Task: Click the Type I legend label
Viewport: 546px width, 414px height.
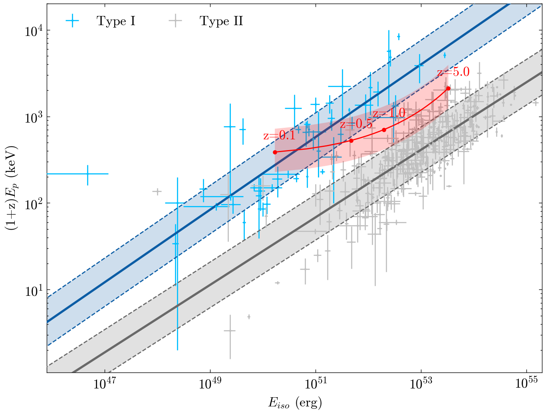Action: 116,21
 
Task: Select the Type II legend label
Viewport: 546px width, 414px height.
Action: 221,21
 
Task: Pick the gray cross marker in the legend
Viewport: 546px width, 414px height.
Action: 175,21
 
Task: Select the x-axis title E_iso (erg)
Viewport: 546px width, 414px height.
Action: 295,403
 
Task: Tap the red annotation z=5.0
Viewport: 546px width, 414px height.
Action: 453,72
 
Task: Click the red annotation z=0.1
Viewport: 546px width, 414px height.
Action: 279,136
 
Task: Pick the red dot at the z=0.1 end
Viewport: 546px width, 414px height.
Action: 275,152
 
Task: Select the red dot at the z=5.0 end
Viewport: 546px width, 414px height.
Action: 448,88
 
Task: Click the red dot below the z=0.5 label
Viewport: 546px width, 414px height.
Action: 351,141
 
